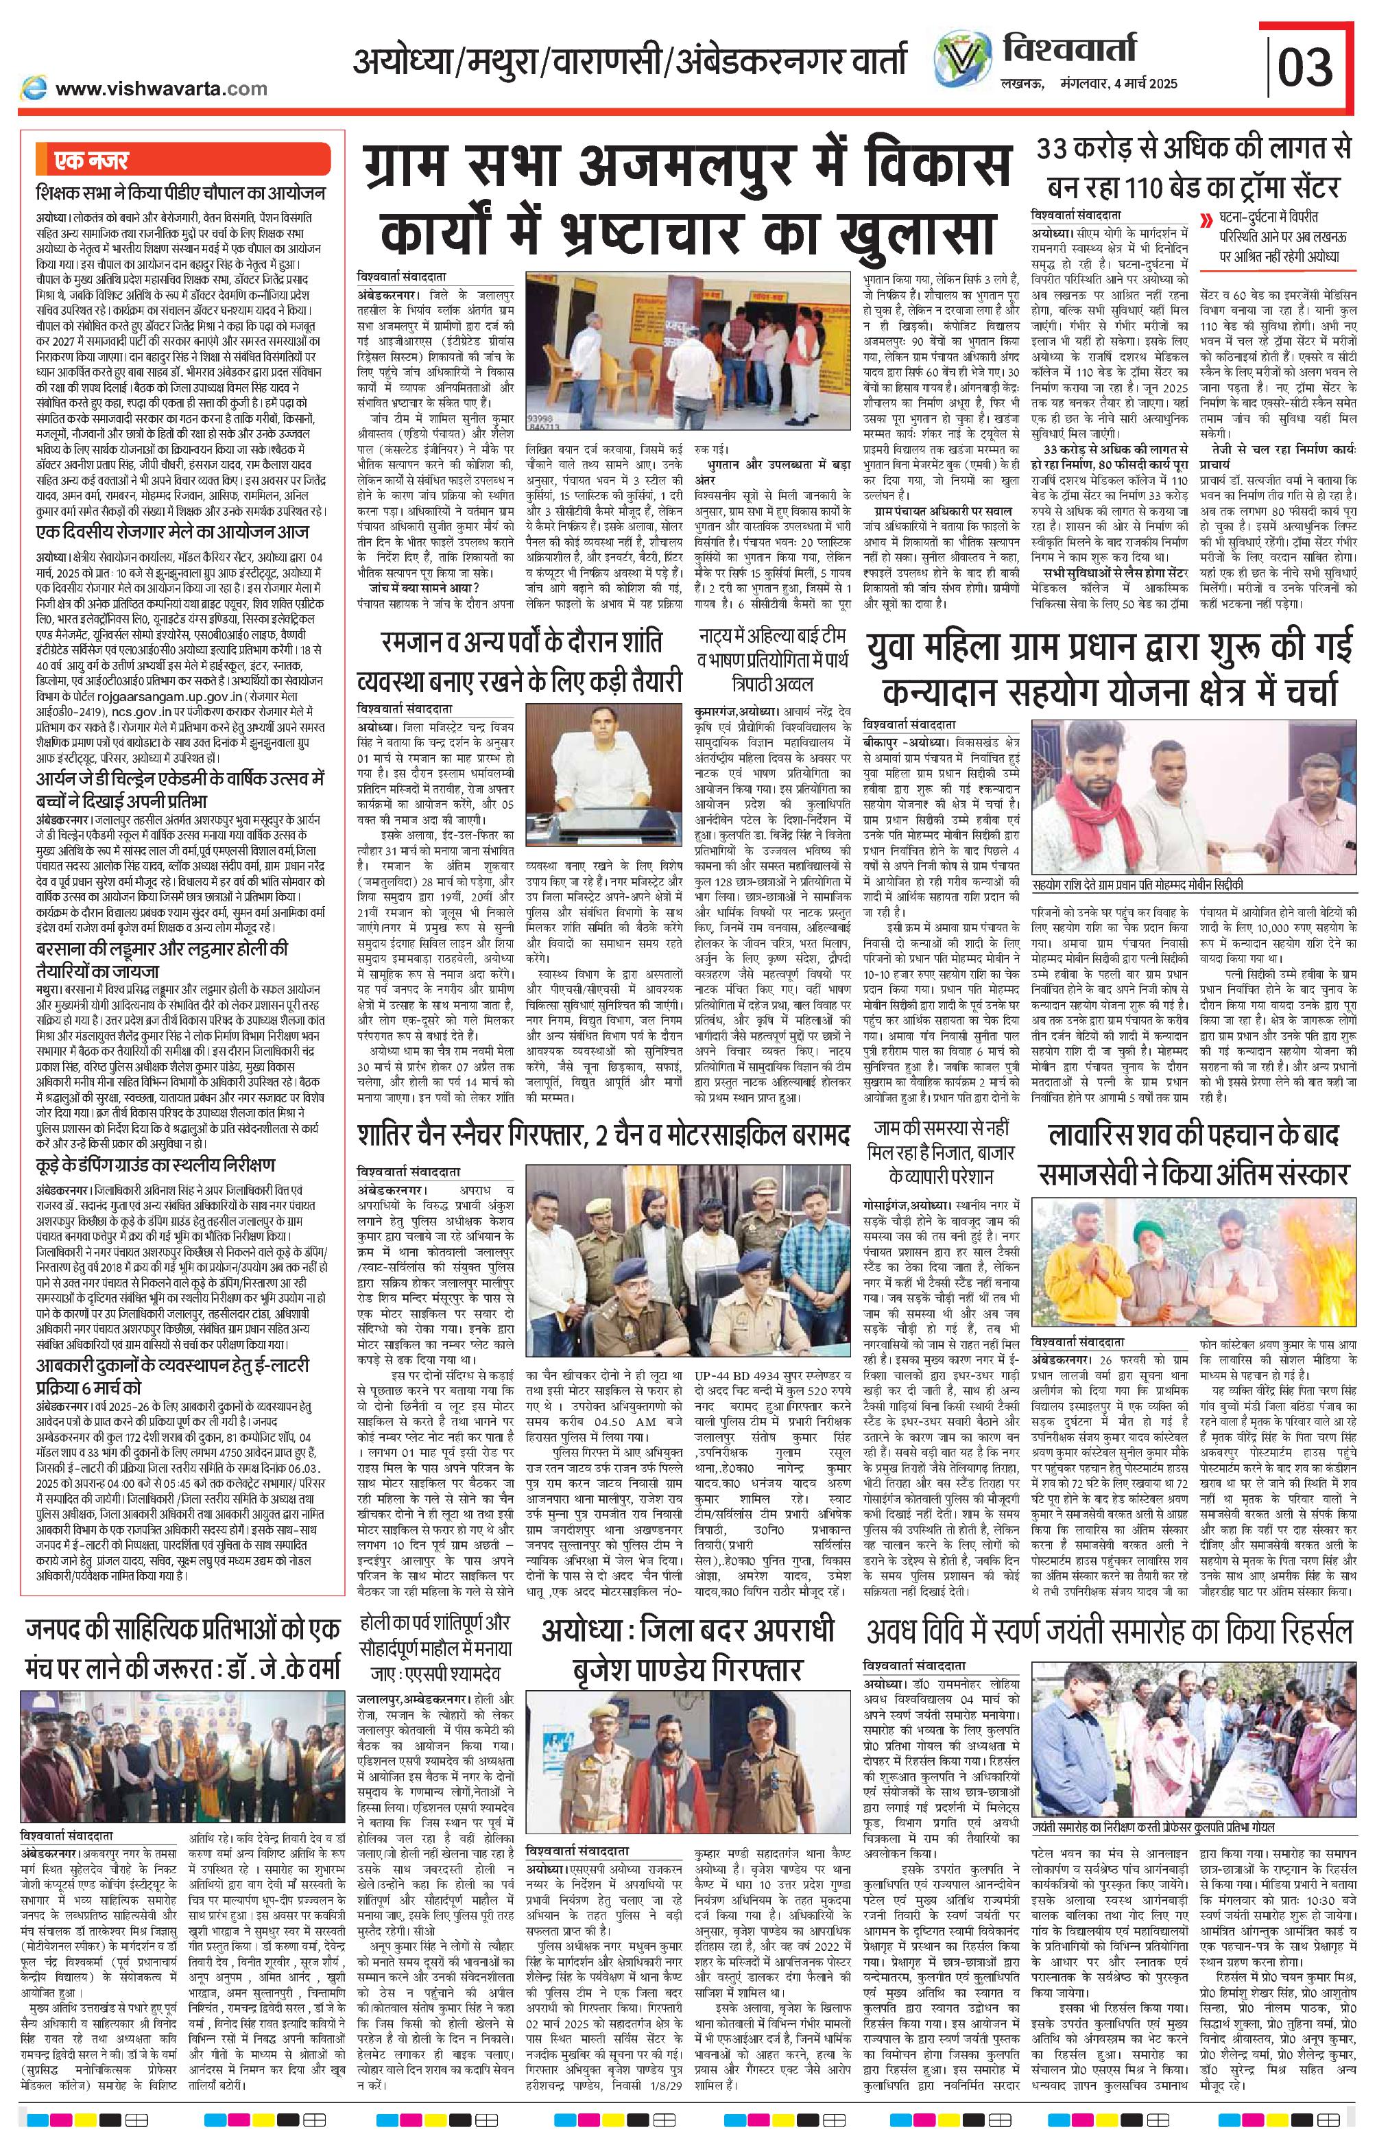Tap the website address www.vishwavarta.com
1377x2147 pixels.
point(161,88)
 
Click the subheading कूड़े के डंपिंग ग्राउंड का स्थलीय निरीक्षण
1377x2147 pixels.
point(156,1165)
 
